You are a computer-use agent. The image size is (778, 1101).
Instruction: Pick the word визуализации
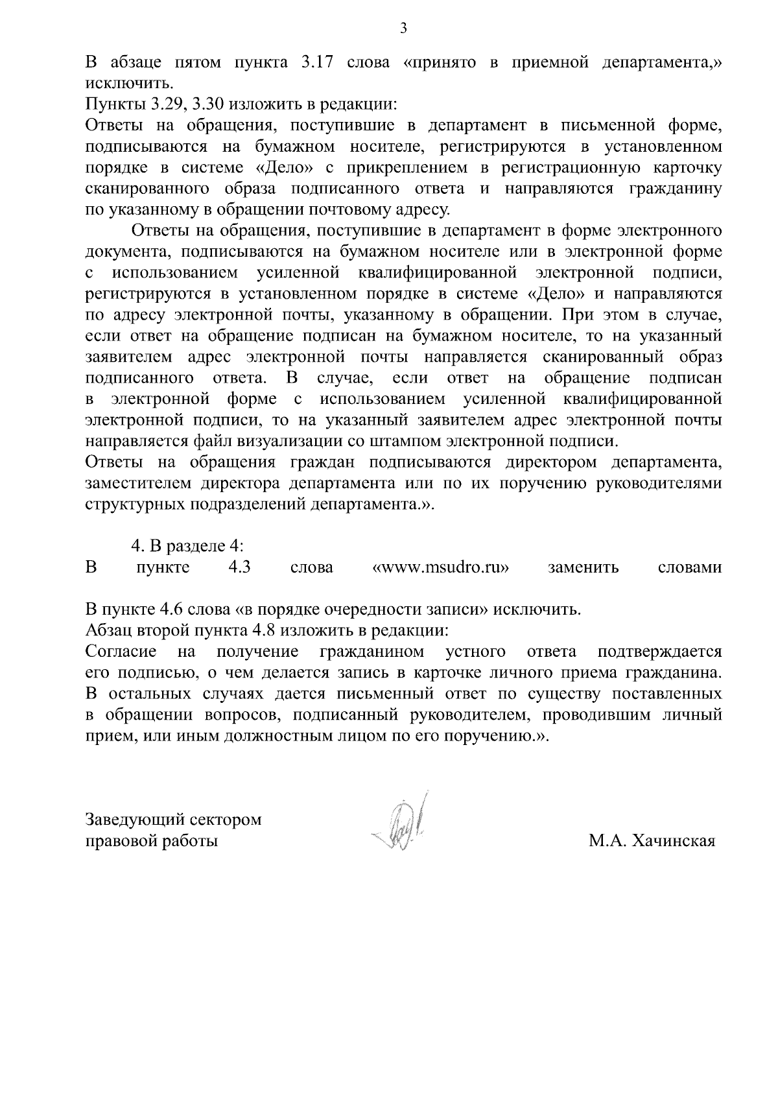[305, 442]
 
